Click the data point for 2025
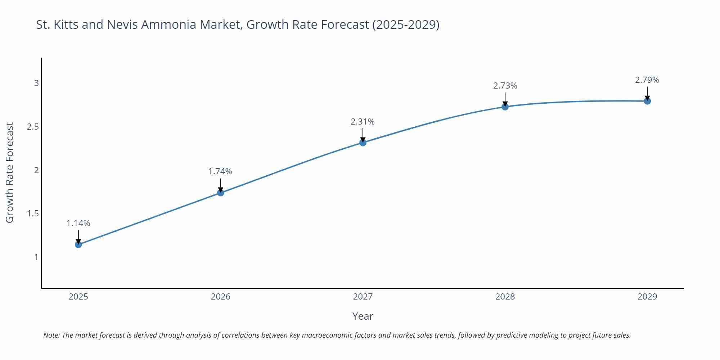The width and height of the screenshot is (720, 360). pyautogui.click(x=78, y=244)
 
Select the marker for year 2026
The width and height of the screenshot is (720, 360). pyautogui.click(x=221, y=193)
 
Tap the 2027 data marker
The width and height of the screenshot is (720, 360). pyautogui.click(x=363, y=143)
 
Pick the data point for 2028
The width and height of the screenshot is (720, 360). pyautogui.click(x=505, y=107)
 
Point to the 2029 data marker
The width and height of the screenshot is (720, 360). pyautogui.click(x=647, y=101)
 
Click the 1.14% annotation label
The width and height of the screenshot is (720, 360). pyautogui.click(x=78, y=223)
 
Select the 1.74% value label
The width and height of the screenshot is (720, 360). pyautogui.click(x=220, y=171)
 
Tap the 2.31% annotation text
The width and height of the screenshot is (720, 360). pyautogui.click(x=363, y=122)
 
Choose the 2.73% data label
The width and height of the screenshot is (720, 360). pyautogui.click(x=505, y=86)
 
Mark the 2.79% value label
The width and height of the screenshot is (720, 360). pyautogui.click(x=647, y=80)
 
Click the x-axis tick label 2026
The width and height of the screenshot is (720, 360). pyautogui.click(x=221, y=297)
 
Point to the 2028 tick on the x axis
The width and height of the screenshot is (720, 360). pyautogui.click(x=505, y=297)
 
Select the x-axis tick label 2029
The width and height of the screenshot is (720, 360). pyautogui.click(x=647, y=297)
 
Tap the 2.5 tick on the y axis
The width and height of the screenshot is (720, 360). pyautogui.click(x=33, y=127)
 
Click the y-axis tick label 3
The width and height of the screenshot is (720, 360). pyautogui.click(x=36, y=83)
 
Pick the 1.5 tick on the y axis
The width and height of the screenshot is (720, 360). pyautogui.click(x=33, y=213)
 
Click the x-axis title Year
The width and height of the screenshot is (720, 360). pyautogui.click(x=363, y=316)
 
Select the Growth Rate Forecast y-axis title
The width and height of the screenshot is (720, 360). pyautogui.click(x=10, y=172)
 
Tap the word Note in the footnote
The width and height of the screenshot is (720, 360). pyautogui.click(x=51, y=335)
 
